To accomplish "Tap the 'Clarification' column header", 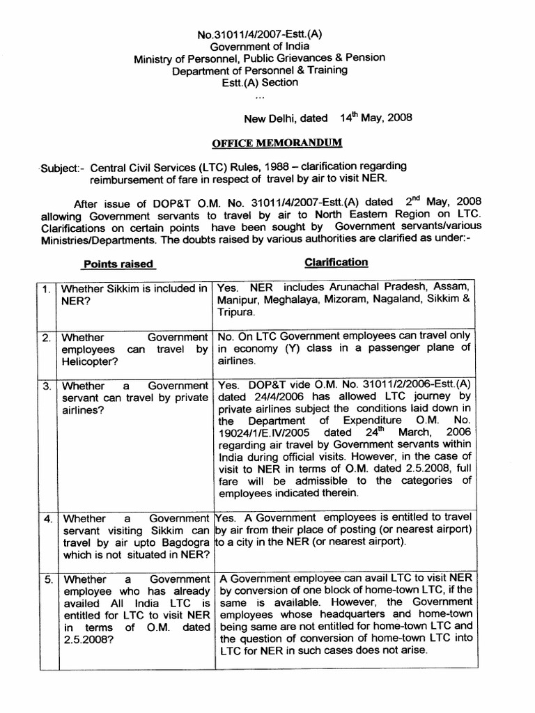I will [336, 263].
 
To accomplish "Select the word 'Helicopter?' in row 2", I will [90, 362].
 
